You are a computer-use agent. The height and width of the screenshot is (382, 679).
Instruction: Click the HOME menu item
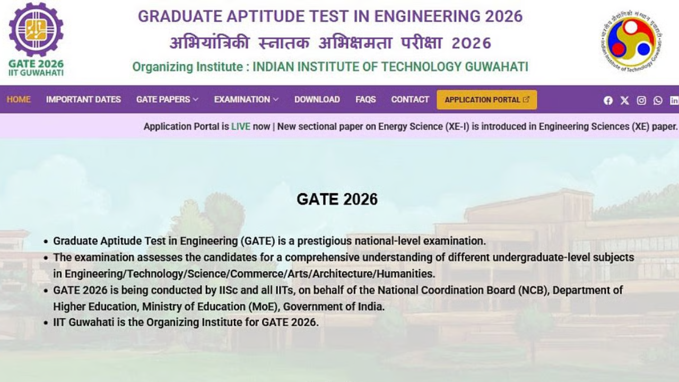19,99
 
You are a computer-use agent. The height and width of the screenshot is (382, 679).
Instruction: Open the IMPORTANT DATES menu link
83,99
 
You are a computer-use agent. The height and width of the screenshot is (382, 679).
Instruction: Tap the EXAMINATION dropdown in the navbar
246,99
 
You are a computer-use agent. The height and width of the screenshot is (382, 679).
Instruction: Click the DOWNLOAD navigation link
317,99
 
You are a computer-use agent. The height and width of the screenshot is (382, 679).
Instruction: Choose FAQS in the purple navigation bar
365,99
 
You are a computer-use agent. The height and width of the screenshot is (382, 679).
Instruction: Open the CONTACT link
410,99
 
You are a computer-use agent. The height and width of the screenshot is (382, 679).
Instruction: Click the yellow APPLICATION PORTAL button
486,100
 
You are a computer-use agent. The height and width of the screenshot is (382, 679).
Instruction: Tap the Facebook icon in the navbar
608,100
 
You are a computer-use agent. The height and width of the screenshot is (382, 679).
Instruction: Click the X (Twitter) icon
624,100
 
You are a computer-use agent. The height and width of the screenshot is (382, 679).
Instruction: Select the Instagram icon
641,100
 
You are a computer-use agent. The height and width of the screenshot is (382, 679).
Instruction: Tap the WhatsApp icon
658,100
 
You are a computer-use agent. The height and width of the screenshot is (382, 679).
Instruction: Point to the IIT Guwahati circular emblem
631,41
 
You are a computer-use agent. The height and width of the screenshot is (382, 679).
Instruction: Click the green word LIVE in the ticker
240,126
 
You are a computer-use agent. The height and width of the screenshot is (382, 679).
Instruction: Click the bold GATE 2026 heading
337,199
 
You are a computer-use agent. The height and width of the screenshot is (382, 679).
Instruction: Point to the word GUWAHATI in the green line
497,67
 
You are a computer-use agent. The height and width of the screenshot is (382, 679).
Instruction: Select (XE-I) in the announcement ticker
457,126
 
